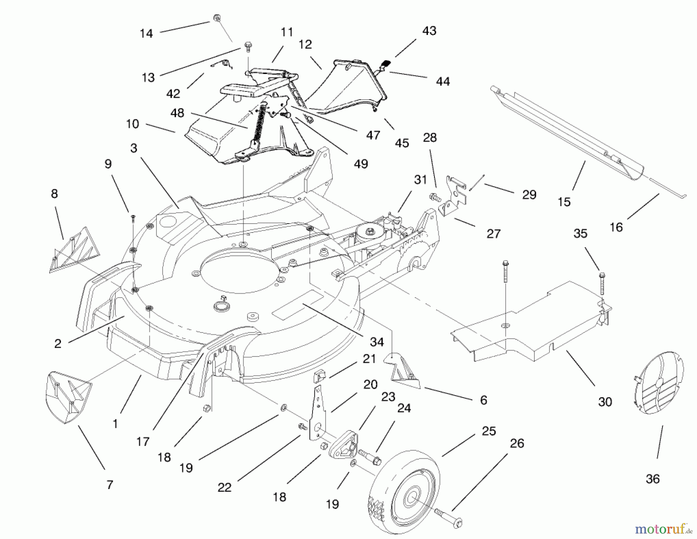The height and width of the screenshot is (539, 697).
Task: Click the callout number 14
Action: (x=146, y=34)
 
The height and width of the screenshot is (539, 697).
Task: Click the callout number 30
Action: (x=605, y=402)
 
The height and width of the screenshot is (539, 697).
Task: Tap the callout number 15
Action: (x=564, y=202)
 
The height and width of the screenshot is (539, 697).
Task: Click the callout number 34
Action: (x=377, y=342)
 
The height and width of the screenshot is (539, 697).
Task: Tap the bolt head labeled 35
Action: (x=602, y=276)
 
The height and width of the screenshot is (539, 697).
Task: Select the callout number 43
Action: (x=429, y=31)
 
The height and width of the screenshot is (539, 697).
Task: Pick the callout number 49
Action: (x=361, y=164)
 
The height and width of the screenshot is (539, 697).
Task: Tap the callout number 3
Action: (x=134, y=148)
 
